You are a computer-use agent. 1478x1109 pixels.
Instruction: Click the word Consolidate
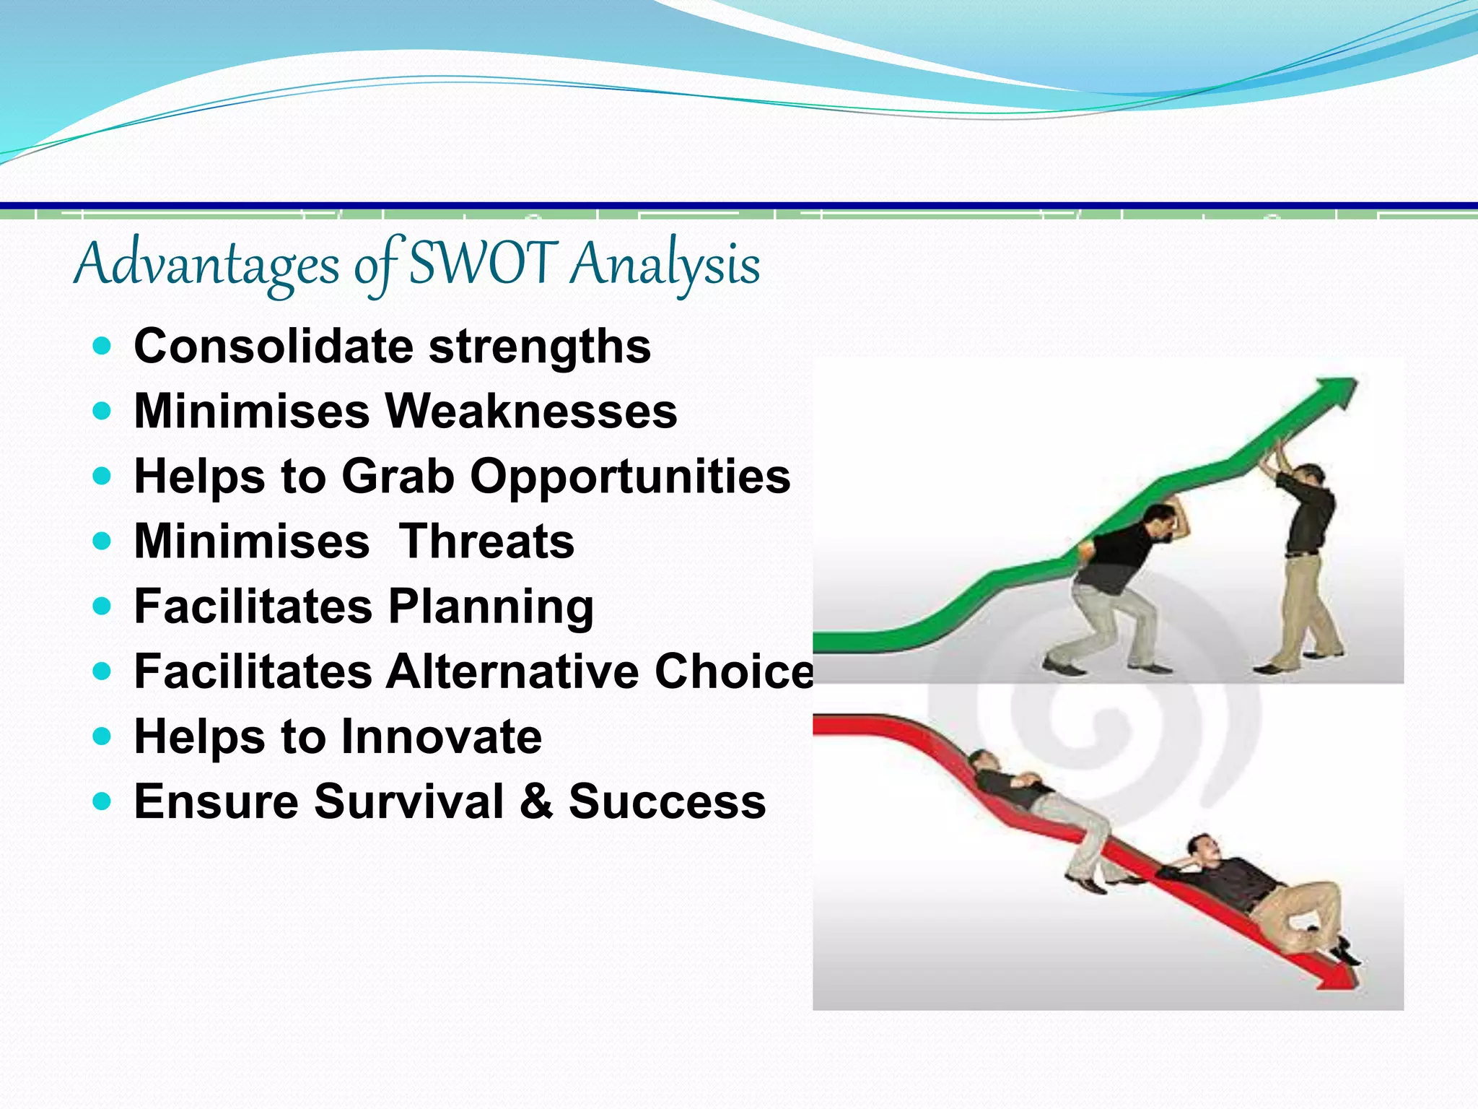coord(274,347)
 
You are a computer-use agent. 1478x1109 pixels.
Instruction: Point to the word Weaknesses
coord(531,412)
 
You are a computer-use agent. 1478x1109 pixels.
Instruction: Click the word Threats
coord(487,542)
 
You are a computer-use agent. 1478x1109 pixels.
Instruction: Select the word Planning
coord(491,607)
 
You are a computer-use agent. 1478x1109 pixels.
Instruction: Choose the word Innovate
coord(441,737)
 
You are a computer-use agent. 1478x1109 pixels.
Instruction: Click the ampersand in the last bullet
coord(535,801)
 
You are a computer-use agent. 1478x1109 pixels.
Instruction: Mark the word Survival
coord(408,801)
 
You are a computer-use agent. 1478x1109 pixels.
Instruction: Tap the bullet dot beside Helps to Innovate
coord(102,736)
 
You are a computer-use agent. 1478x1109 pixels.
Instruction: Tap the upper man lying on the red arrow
coord(1032,801)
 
